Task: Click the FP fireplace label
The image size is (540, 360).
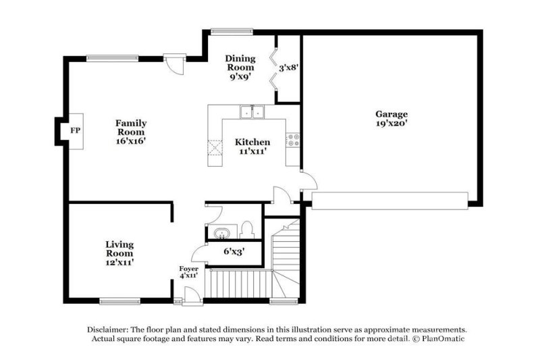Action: [75, 128]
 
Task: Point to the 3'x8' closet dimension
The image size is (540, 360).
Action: [289, 68]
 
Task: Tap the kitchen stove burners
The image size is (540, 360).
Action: [294, 140]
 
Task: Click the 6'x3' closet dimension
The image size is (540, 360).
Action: [234, 252]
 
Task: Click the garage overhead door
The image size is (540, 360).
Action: [389, 201]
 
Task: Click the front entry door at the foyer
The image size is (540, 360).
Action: [190, 295]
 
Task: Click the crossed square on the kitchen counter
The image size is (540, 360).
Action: [215, 147]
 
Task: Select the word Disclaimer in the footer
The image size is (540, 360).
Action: [110, 328]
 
